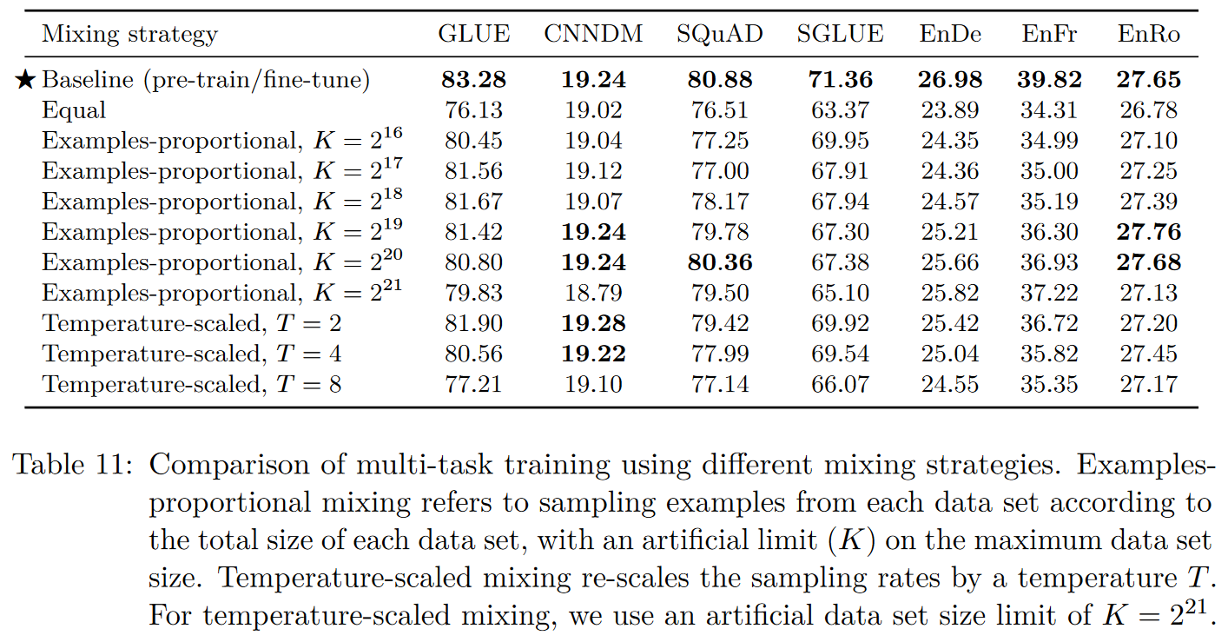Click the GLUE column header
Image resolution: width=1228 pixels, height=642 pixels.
point(473,35)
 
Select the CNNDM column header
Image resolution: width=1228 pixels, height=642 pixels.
point(593,35)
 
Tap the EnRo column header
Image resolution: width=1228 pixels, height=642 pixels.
point(1149,35)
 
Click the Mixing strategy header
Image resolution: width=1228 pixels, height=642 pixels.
point(129,36)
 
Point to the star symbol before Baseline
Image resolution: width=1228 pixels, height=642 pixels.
point(26,81)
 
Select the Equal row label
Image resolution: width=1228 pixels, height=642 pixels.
point(74,110)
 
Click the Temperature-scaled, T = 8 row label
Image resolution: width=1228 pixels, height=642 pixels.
point(191,384)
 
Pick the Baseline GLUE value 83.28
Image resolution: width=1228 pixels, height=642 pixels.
point(473,80)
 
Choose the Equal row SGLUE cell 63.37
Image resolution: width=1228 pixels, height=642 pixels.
point(840,110)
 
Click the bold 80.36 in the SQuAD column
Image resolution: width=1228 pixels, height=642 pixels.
point(720,262)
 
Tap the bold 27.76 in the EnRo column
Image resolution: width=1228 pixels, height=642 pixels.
point(1149,232)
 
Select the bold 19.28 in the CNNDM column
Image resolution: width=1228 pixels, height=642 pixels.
point(593,323)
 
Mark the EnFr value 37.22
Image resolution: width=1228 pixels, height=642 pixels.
point(1050,293)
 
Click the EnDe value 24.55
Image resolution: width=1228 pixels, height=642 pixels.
point(950,384)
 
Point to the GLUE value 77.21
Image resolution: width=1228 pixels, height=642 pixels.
point(473,384)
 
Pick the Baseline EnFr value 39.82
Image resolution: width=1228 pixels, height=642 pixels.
point(1050,80)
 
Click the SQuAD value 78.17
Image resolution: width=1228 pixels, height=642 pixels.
point(720,202)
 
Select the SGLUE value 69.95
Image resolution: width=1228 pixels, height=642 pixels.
point(840,141)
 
